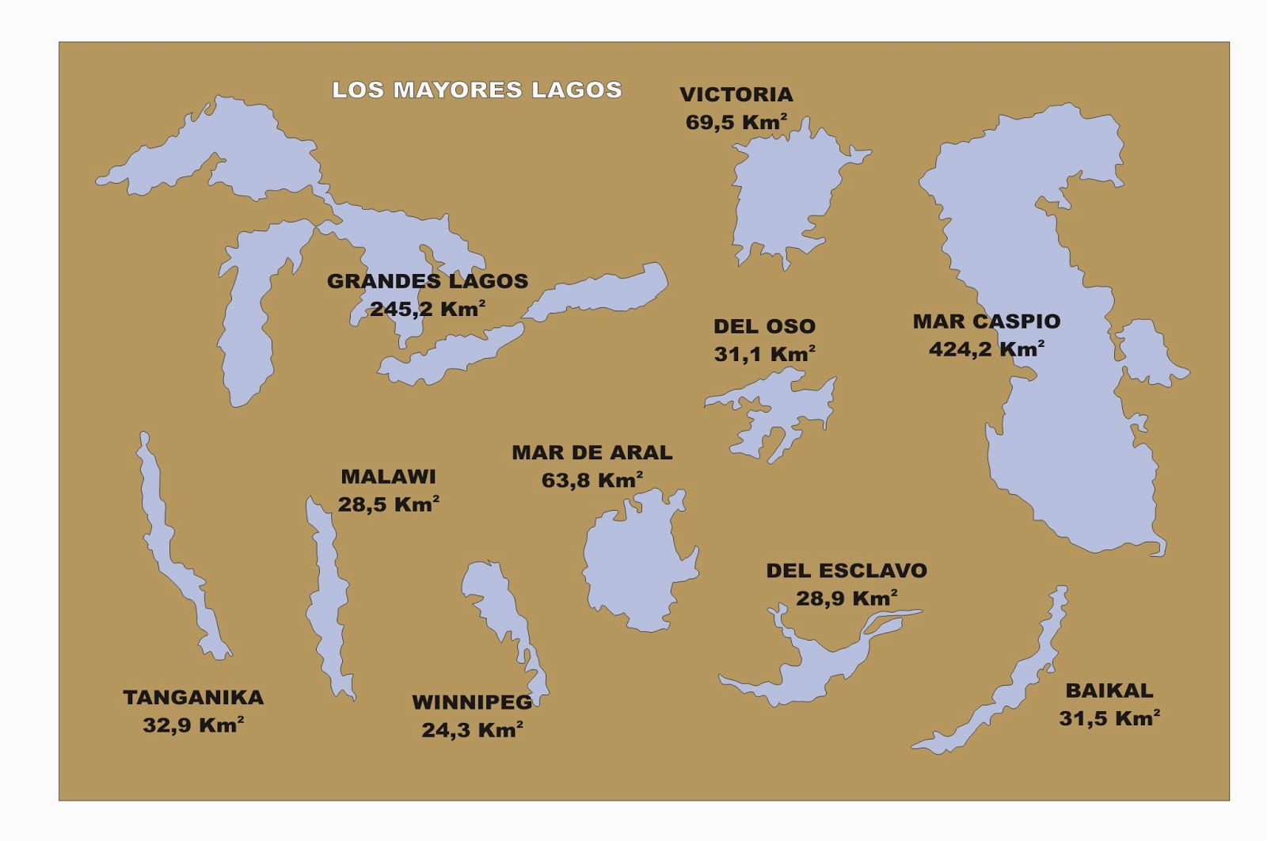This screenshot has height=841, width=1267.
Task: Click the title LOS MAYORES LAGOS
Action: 477,89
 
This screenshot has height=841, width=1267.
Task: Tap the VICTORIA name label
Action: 736,94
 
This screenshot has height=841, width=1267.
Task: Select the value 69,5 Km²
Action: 736,122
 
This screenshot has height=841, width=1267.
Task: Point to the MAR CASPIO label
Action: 986,322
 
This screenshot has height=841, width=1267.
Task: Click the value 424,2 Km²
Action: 986,349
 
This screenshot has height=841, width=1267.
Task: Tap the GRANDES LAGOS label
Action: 428,281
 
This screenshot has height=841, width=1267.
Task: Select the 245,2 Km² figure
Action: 428,309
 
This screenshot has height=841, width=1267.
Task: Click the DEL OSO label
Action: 764,326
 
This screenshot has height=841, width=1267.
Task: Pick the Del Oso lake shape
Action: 780,408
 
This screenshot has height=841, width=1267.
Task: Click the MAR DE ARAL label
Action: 592,453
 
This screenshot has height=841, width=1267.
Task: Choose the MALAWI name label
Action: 388,477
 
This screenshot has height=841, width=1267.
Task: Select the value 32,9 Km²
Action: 192,725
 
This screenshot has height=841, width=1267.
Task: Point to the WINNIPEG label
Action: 472,702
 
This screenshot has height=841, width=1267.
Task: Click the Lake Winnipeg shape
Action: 495,602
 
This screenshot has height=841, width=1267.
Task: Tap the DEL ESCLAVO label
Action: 846,571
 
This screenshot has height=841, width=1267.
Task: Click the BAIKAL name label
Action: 1109,691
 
